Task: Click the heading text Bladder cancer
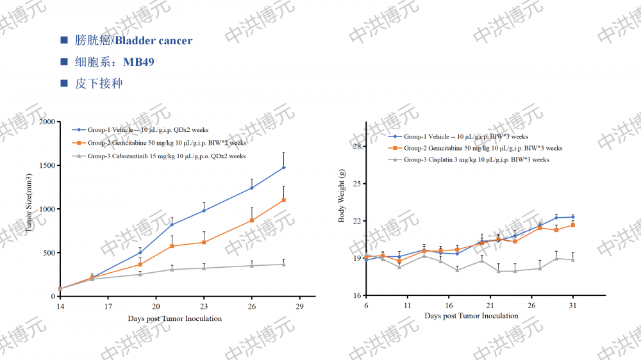154,40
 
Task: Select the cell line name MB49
138,62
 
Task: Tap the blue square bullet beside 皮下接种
64,83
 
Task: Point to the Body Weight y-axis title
342,196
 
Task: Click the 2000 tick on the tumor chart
46,122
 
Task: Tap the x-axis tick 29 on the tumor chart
299,307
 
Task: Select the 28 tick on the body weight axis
358,147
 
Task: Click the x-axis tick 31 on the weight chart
573,306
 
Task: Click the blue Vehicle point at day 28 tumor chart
283,168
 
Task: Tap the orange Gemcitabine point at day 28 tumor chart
283,200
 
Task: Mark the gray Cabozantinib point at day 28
283,264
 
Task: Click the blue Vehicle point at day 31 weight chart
573,217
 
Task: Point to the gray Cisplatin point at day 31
573,259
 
